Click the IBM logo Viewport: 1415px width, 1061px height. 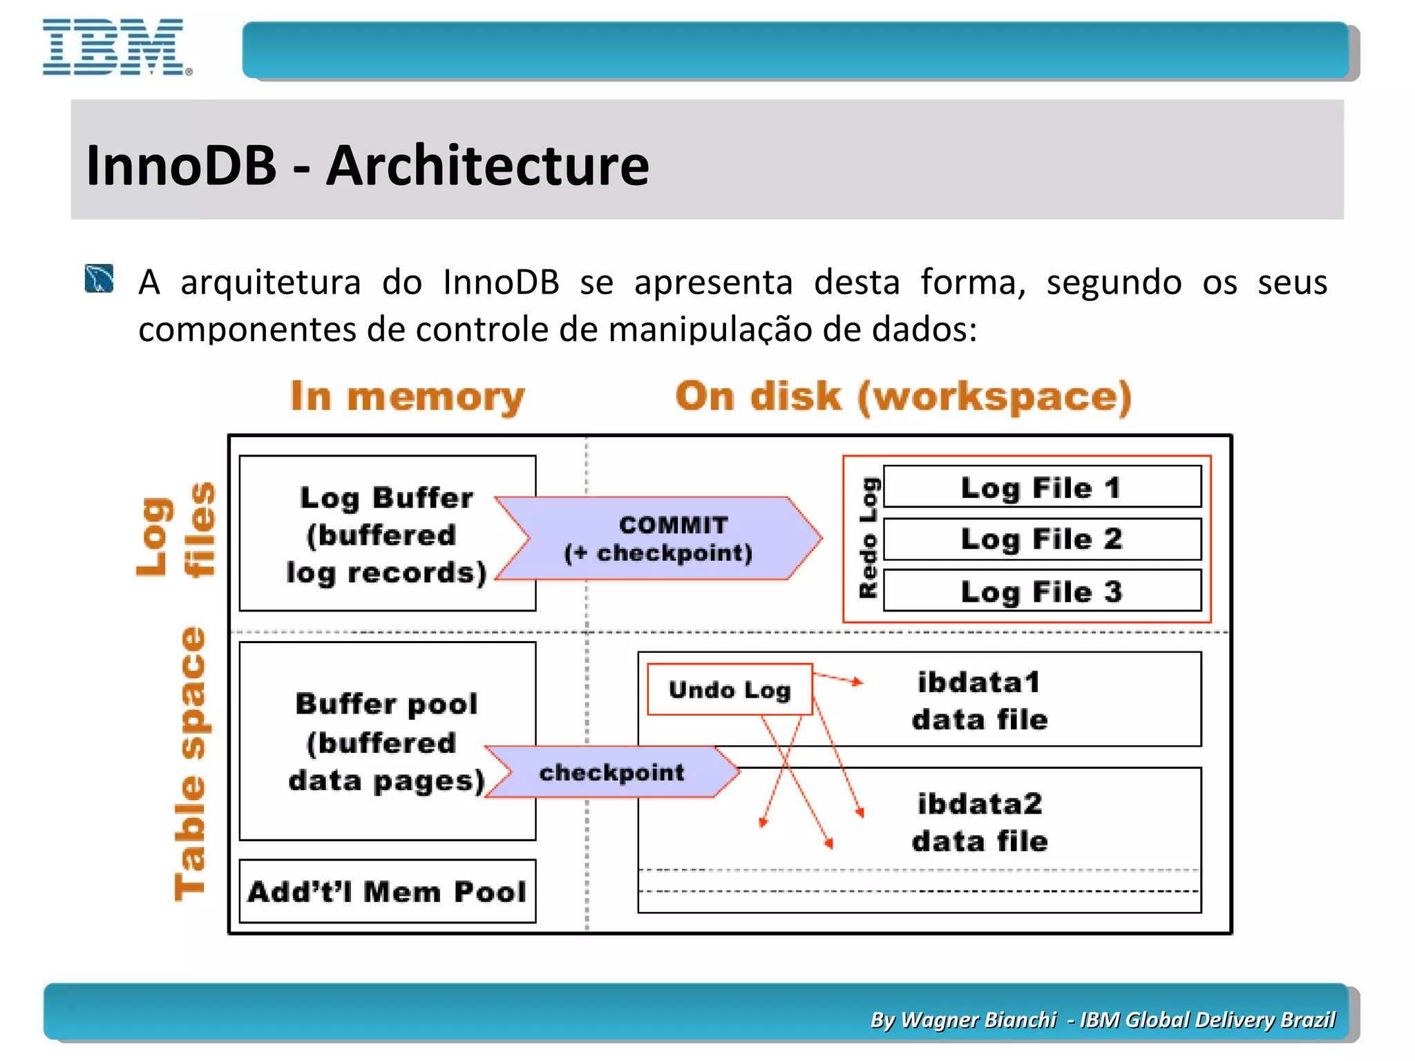(x=115, y=47)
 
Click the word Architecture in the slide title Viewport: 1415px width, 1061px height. (x=487, y=166)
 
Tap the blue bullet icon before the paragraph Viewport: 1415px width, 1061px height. (x=99, y=279)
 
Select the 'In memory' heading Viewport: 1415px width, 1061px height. (x=407, y=396)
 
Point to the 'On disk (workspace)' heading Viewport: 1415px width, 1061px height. (x=903, y=396)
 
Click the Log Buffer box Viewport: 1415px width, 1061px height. (x=387, y=533)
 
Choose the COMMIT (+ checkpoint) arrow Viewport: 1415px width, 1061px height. (x=658, y=539)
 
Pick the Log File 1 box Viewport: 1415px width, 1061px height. (x=1041, y=487)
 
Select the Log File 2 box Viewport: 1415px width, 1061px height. (x=1041, y=539)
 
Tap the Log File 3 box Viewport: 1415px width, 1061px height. (x=1041, y=591)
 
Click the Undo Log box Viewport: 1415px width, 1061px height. (x=729, y=689)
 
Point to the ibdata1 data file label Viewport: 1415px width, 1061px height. (x=979, y=700)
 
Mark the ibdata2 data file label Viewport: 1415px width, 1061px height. (x=979, y=822)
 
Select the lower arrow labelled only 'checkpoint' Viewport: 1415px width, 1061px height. (x=611, y=772)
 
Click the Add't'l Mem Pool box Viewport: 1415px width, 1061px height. (x=387, y=891)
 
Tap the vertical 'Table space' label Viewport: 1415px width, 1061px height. (x=190, y=763)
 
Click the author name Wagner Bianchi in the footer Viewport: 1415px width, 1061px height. (x=978, y=1020)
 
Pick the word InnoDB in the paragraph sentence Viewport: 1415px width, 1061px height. (x=501, y=283)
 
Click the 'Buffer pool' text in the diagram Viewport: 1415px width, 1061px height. (x=386, y=703)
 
